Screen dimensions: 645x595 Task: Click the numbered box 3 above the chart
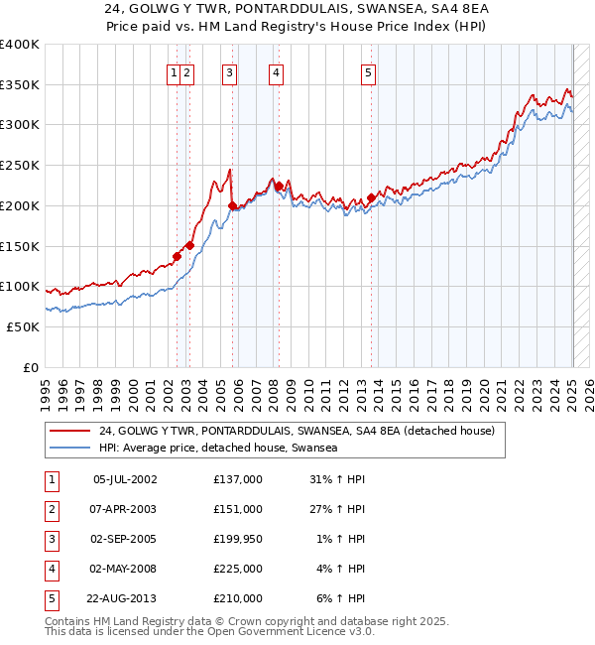pos(229,71)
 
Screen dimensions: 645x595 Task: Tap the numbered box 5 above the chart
pos(368,71)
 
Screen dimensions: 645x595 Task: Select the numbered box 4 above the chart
pos(275,71)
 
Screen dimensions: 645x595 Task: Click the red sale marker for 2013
pos(371,197)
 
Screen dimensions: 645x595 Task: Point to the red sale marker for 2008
pos(279,186)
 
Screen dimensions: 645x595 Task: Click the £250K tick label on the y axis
pos(20,166)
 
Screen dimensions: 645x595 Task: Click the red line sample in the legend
pos(70,431)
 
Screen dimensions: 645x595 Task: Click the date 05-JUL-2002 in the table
pos(124,479)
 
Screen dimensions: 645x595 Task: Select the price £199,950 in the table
pos(237,539)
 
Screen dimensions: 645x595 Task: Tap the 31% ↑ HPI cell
pos(337,479)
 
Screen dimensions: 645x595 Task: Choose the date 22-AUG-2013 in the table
pos(121,598)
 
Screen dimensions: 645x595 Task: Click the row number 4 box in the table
pos(51,569)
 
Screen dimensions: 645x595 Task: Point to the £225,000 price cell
pos(237,569)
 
